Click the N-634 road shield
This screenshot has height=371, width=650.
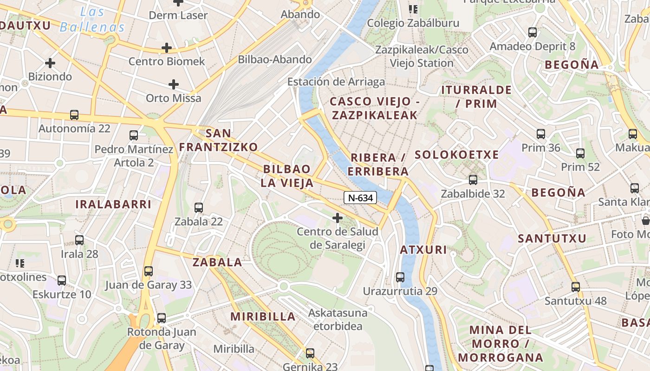click(360, 198)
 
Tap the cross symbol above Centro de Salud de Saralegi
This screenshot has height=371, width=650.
click(338, 217)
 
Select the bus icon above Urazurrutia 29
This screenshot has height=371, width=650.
click(400, 277)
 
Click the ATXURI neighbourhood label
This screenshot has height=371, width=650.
click(423, 250)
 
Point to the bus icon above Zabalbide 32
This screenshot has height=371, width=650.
click(473, 179)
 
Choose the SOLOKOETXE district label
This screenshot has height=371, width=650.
click(457, 155)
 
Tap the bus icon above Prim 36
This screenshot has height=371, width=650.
click(541, 134)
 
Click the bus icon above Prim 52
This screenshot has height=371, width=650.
click(580, 153)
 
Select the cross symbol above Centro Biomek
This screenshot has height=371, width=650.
click(167, 47)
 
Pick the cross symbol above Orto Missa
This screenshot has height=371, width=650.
click(174, 84)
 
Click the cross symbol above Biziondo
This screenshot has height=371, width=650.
click(50, 63)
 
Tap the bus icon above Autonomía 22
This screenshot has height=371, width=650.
click(74, 115)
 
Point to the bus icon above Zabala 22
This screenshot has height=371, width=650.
click(199, 207)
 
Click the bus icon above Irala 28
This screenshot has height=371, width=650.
click(79, 240)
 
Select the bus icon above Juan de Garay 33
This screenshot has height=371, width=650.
click(149, 271)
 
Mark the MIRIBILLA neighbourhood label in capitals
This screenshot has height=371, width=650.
click(263, 317)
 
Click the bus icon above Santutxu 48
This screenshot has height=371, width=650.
click(576, 287)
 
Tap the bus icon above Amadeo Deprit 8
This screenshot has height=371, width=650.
click(533, 32)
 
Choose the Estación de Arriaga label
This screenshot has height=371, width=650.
click(336, 82)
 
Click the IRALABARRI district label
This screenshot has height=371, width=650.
click(113, 204)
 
